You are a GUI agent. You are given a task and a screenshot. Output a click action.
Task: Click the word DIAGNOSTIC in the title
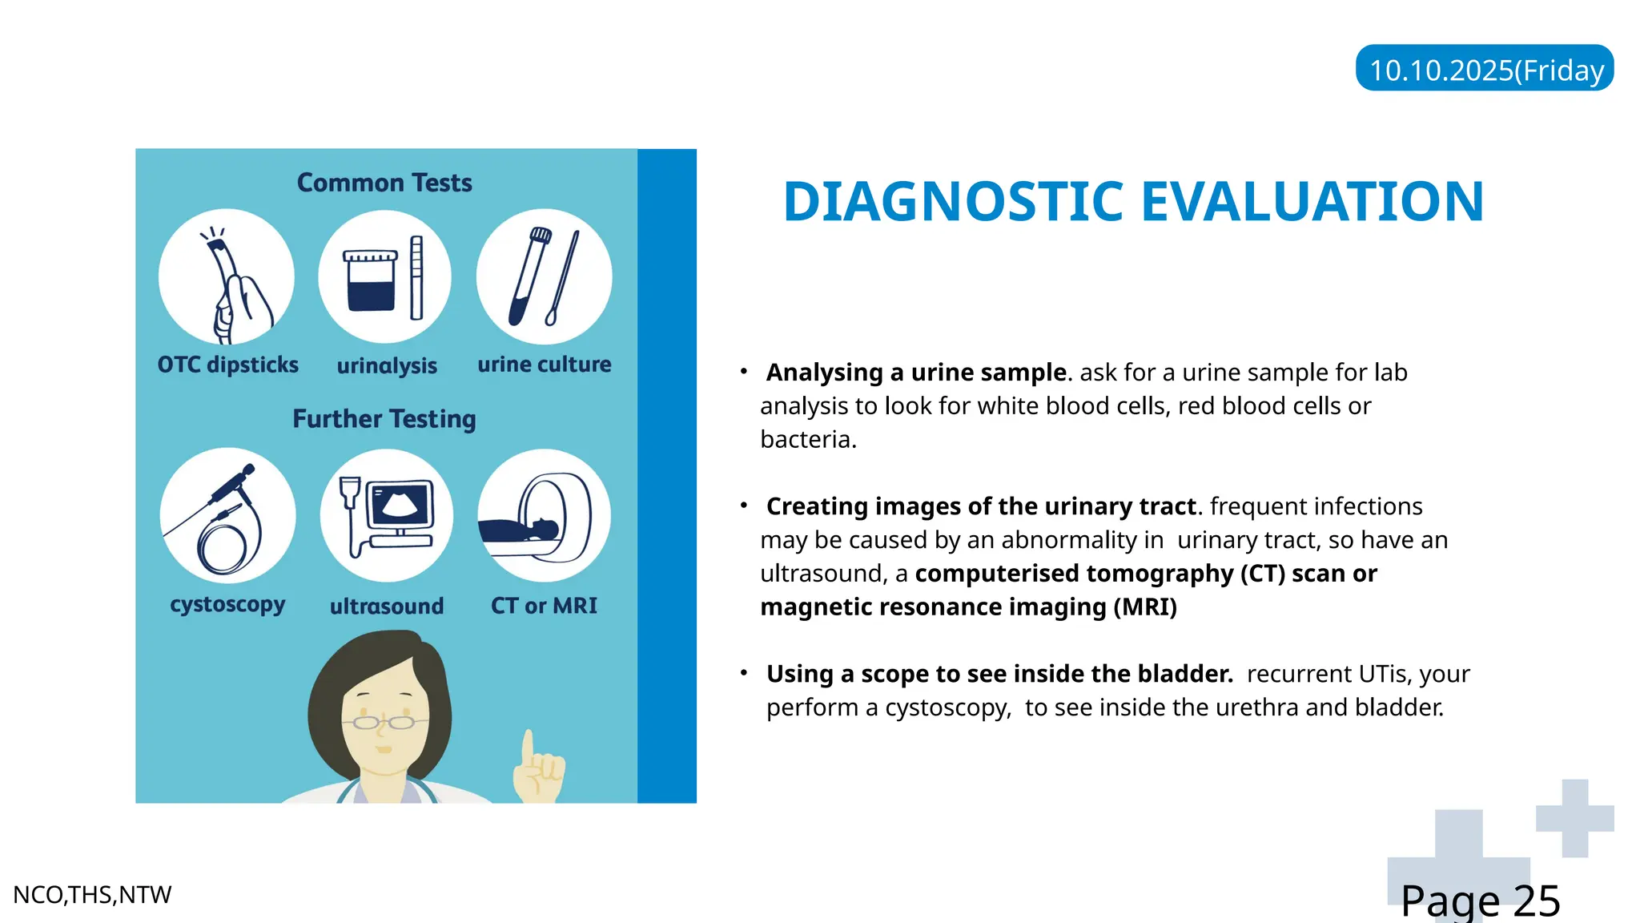(954, 201)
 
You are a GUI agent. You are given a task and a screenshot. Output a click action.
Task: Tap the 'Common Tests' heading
(384, 183)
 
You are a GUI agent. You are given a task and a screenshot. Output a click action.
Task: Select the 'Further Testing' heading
(384, 418)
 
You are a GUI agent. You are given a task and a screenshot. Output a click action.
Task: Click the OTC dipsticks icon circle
(227, 277)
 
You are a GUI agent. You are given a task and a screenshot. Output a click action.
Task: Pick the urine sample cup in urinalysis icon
(370, 280)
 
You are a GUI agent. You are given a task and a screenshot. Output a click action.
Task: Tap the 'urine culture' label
(545, 365)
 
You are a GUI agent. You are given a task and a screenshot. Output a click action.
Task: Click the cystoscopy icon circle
(227, 515)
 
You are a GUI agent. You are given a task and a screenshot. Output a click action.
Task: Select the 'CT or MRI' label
(545, 606)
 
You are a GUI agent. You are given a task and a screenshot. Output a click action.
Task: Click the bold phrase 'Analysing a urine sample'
(916, 373)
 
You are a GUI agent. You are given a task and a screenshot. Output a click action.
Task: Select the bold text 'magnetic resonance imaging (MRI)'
(968, 607)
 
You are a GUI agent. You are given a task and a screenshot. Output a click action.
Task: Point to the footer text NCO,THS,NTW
(92, 895)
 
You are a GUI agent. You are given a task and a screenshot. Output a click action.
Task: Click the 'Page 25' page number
(1480, 901)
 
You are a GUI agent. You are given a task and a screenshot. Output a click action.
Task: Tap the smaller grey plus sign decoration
(1574, 818)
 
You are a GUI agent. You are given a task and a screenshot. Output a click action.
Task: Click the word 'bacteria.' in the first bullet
(808, 440)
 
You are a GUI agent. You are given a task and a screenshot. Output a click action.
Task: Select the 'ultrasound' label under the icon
(387, 607)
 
